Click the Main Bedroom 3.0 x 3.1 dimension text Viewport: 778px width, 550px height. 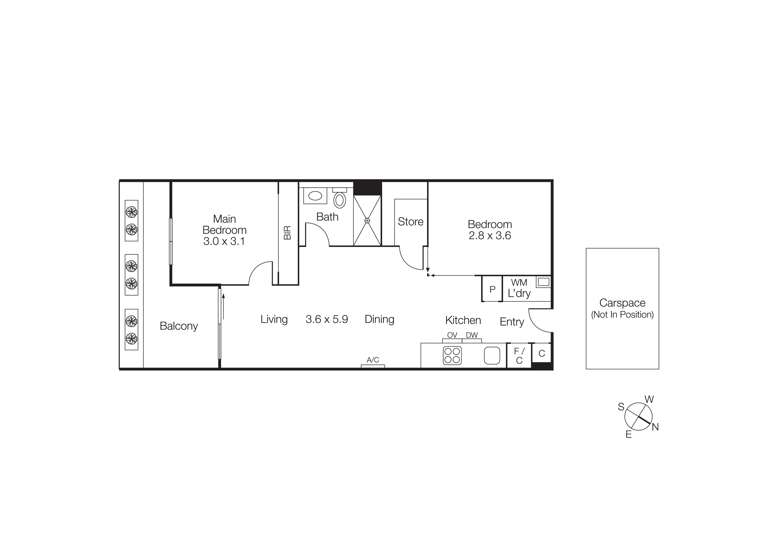click(x=224, y=241)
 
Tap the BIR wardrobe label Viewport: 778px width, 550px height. click(x=287, y=233)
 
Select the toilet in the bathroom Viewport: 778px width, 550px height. click(x=340, y=200)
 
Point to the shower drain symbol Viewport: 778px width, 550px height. click(x=367, y=221)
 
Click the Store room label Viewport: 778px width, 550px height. click(x=410, y=222)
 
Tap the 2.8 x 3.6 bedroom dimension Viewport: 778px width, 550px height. click(x=490, y=236)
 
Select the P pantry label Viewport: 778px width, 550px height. click(x=492, y=289)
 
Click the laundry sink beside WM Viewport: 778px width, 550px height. click(x=543, y=282)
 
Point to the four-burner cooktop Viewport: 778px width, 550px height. click(x=452, y=355)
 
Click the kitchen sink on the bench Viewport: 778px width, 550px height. click(x=492, y=355)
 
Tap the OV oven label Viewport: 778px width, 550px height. click(x=452, y=335)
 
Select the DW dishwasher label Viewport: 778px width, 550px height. click(x=472, y=335)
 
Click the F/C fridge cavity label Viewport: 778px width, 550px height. click(x=519, y=356)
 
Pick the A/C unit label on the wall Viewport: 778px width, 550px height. click(x=373, y=360)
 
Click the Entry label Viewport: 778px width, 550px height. click(x=512, y=322)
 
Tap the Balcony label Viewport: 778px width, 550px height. click(x=179, y=326)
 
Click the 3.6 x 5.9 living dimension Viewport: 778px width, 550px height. click(x=327, y=319)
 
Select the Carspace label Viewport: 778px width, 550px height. click(x=622, y=303)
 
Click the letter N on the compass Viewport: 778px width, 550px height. click(x=655, y=427)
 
